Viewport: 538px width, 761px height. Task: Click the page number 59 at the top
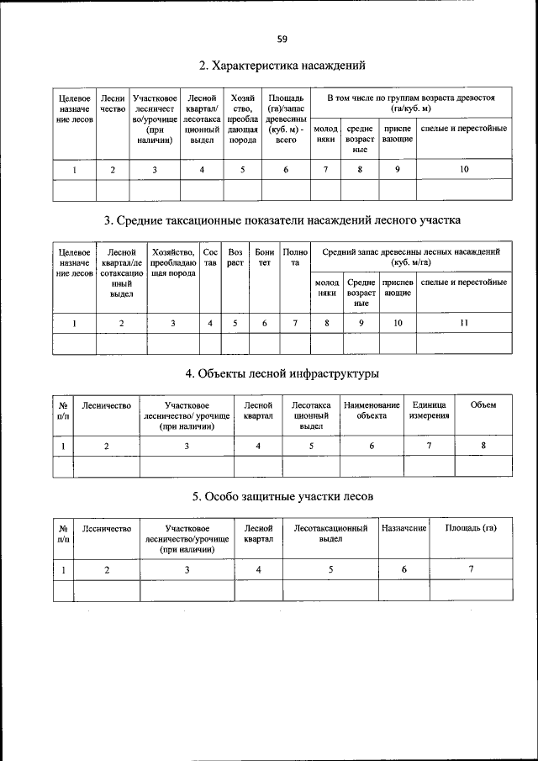coord(281,38)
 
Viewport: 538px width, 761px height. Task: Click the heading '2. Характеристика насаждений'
coord(281,65)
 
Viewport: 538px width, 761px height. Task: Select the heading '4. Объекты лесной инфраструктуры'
coord(281,373)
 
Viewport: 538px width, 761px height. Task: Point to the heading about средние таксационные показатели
coord(281,221)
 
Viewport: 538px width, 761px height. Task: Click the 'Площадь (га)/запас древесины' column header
coord(285,119)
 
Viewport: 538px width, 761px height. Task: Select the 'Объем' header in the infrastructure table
coord(483,405)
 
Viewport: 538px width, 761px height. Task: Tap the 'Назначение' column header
coord(404,528)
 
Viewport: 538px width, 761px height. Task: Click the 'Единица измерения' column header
coord(429,410)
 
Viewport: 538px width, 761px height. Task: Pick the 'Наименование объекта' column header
coord(371,410)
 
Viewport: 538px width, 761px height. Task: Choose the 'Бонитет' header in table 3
coord(264,256)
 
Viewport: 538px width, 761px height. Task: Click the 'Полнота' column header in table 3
coord(295,256)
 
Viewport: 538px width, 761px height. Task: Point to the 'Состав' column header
coord(209,256)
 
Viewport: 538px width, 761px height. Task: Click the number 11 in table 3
coord(464,323)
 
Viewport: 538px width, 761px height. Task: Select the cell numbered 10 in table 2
coord(464,170)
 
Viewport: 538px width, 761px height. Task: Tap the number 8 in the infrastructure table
coord(483,446)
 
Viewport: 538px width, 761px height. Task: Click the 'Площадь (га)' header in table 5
coord(471,528)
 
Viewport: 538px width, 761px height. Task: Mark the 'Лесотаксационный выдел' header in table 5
coord(331,533)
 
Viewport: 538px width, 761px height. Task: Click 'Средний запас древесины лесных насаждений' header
coord(410,256)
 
